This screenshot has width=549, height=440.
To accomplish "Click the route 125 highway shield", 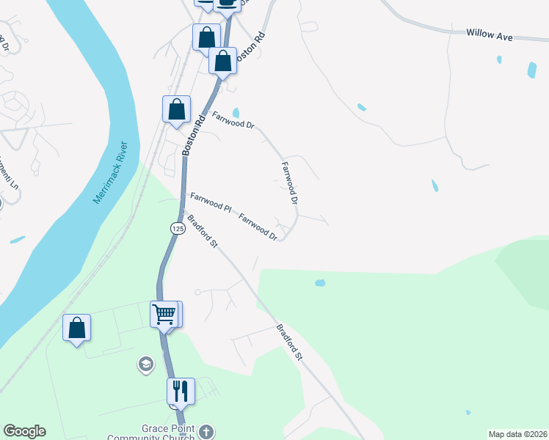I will pos(177,229).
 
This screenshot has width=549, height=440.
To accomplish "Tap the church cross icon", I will pos(207,431).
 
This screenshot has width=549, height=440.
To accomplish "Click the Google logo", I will pos(24,431).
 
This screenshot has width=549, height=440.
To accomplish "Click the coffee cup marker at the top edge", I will pos(227,4).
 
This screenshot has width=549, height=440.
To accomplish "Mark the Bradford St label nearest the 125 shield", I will pos(202,230).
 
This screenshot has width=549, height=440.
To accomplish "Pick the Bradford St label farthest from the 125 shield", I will pos(289,342).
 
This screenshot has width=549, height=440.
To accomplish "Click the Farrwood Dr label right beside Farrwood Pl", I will pos(258,226).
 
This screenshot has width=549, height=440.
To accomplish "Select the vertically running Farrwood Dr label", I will pos(291,183).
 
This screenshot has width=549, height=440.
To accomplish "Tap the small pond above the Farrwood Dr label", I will pos(235,112).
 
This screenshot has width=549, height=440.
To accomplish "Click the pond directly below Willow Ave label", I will pos(531,70).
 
